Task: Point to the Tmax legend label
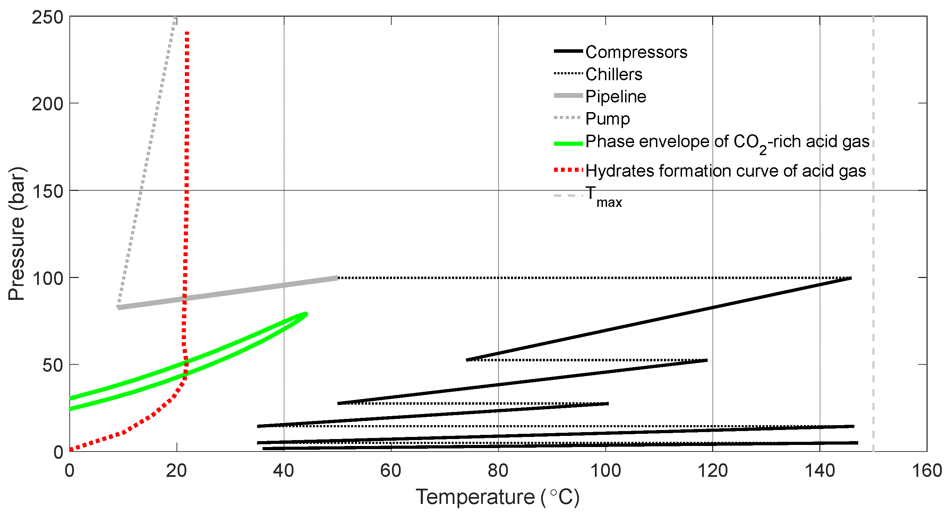(603, 196)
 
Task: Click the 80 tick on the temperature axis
(498, 471)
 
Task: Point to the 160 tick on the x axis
(927, 471)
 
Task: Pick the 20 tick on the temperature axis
(177, 471)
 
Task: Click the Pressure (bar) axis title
(17, 234)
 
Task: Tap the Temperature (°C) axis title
(497, 497)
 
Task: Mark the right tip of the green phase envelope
(306, 314)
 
